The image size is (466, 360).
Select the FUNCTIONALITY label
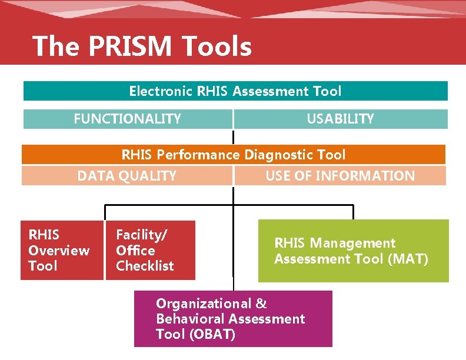(x=127, y=119)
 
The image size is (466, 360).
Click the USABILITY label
(x=340, y=119)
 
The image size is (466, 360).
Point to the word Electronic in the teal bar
(x=161, y=91)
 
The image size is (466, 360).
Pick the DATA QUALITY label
(x=127, y=176)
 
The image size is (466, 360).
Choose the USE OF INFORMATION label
(x=340, y=176)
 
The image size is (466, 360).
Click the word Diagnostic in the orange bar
(x=279, y=155)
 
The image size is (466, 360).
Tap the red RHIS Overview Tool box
(x=62, y=250)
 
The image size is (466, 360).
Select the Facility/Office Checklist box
(x=150, y=250)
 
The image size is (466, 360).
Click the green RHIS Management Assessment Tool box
(x=353, y=251)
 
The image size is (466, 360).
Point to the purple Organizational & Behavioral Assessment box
(x=233, y=319)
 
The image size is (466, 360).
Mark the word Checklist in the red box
(x=145, y=266)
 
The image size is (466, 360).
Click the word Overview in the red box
(x=59, y=251)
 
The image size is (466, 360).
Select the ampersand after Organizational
(x=261, y=304)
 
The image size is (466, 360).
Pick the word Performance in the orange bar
(x=206, y=155)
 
